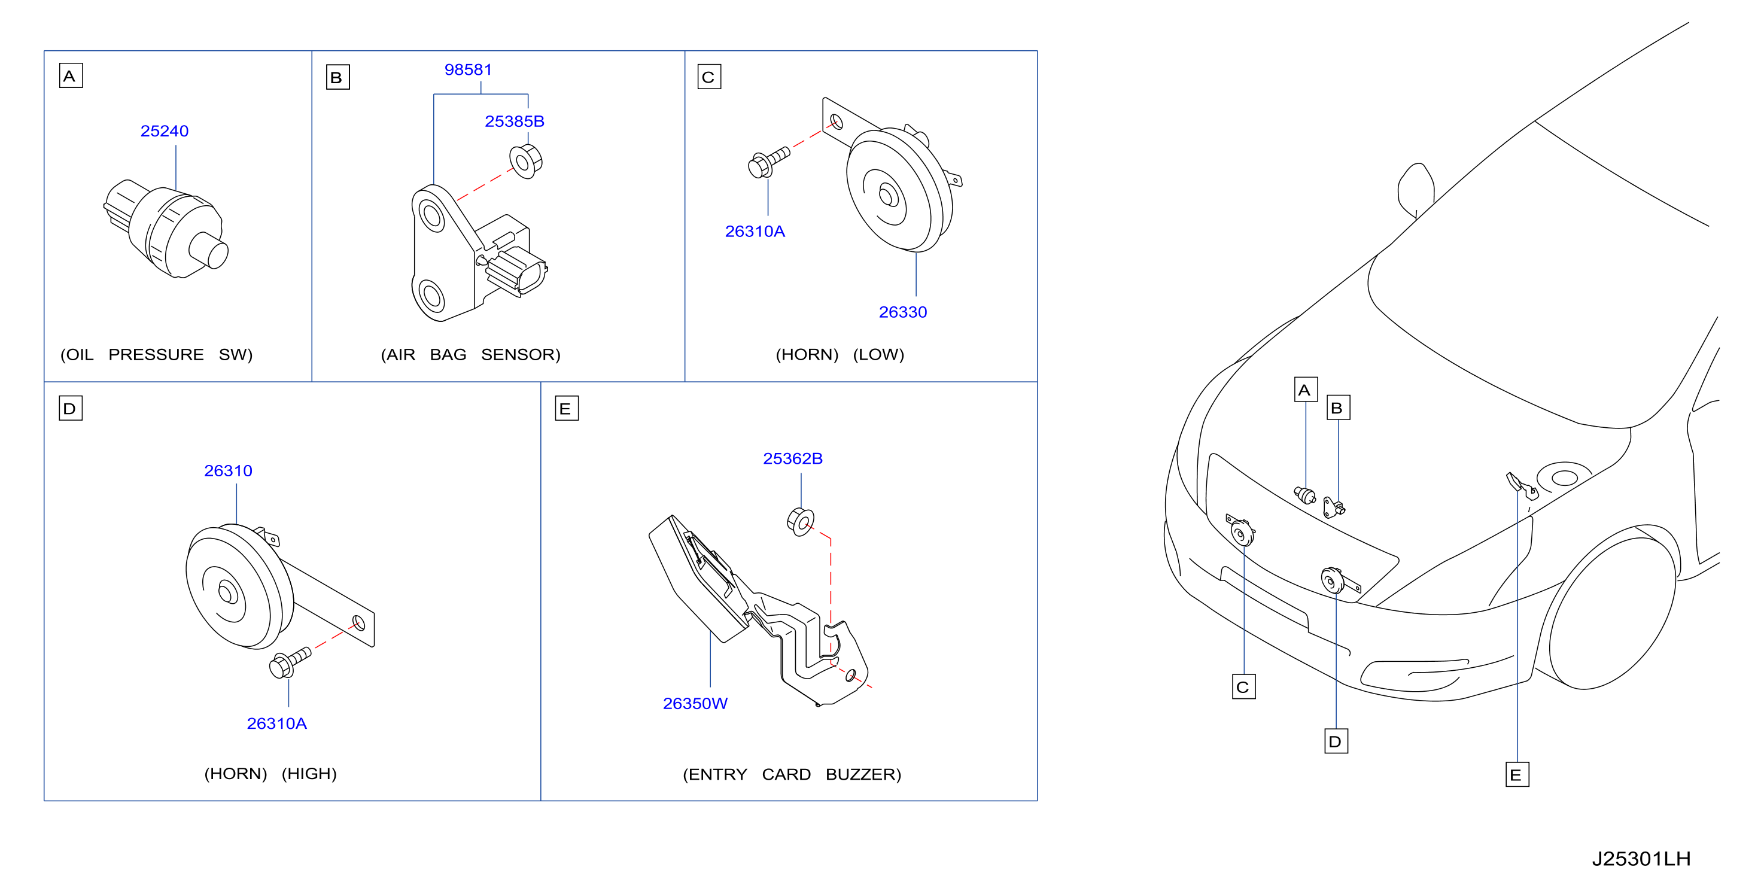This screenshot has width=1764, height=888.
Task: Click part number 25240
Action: (x=165, y=131)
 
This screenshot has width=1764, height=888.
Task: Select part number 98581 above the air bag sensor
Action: (x=469, y=69)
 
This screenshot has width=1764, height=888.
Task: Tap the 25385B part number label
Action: (x=514, y=121)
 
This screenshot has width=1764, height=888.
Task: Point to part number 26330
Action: (x=902, y=312)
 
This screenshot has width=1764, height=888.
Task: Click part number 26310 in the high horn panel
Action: (x=228, y=470)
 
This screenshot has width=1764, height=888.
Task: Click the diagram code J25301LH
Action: (x=1641, y=859)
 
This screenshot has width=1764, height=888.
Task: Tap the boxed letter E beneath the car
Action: (x=1517, y=774)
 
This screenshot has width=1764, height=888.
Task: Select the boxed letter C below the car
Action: (x=1243, y=687)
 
